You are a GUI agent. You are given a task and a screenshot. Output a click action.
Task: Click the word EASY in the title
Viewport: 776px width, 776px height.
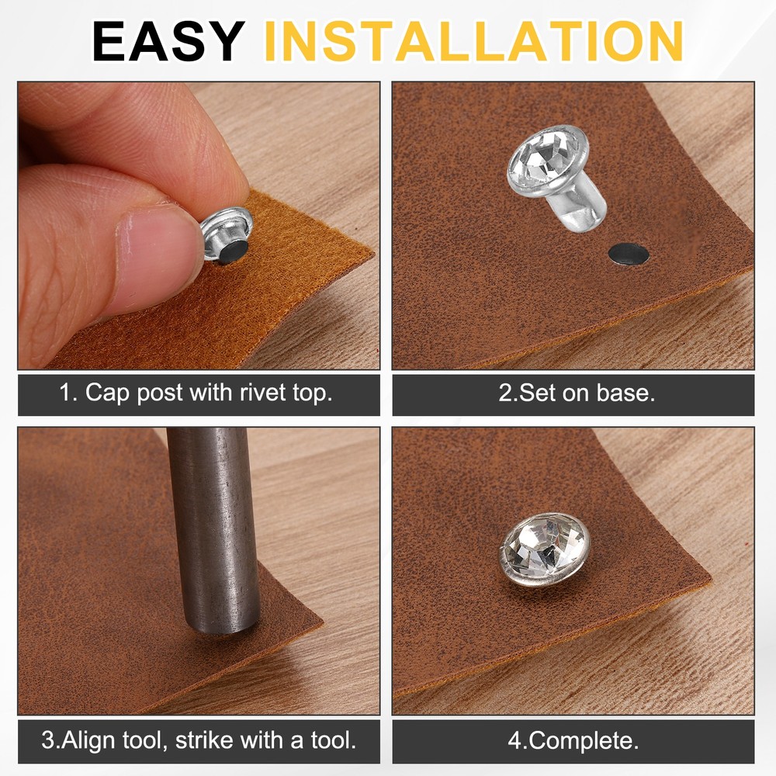tap(168, 42)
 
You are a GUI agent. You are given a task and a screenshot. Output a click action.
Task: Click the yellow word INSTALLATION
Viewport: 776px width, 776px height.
tap(474, 42)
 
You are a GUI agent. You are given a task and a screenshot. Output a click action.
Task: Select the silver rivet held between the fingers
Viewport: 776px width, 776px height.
tap(227, 236)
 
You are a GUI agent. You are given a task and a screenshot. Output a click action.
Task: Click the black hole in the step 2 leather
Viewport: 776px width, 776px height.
tap(629, 255)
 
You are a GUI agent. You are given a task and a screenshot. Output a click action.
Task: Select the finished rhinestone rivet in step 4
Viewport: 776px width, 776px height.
tap(545, 549)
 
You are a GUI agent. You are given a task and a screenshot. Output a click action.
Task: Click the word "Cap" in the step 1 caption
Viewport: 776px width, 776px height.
tap(107, 393)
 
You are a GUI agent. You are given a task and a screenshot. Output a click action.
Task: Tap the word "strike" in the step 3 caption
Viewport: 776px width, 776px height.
tap(204, 740)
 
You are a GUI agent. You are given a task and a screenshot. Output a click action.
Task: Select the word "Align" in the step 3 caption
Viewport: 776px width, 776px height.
tap(90, 741)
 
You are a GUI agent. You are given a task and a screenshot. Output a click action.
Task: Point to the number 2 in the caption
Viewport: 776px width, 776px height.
tap(505, 393)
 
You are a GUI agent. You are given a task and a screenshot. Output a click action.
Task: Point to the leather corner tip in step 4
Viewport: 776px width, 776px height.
tap(711, 577)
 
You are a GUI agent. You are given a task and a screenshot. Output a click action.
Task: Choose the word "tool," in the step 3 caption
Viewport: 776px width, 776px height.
tap(146, 741)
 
